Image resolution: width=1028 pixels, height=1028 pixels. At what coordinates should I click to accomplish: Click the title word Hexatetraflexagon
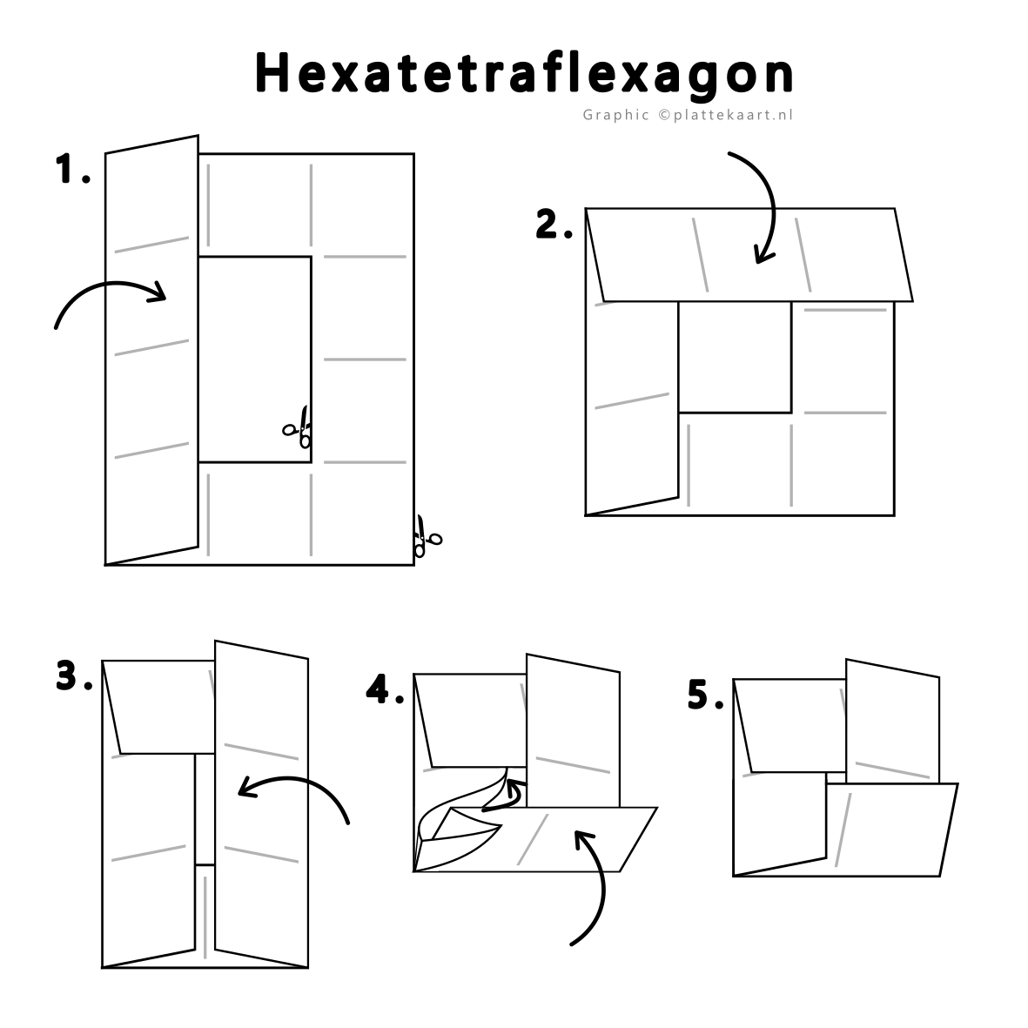tap(524, 74)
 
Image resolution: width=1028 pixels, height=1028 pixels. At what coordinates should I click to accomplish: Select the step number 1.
tap(72, 169)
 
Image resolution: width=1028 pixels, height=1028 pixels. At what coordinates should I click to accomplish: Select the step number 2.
tap(554, 225)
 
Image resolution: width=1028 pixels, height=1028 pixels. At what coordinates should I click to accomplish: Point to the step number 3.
tap(74, 675)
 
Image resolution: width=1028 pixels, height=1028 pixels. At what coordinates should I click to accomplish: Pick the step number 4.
tap(384, 689)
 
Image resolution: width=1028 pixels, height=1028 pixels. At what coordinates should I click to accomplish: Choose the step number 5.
tap(705, 695)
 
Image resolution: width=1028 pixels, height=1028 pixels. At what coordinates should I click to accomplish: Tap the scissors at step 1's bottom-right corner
tap(427, 537)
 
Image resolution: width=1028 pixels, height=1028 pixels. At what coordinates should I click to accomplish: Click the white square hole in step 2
tap(735, 357)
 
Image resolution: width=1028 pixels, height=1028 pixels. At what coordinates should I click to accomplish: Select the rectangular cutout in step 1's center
tap(254, 359)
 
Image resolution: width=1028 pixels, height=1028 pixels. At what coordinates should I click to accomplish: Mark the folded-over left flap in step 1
tap(151, 349)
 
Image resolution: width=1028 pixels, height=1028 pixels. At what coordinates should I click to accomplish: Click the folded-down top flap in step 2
tap(749, 255)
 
